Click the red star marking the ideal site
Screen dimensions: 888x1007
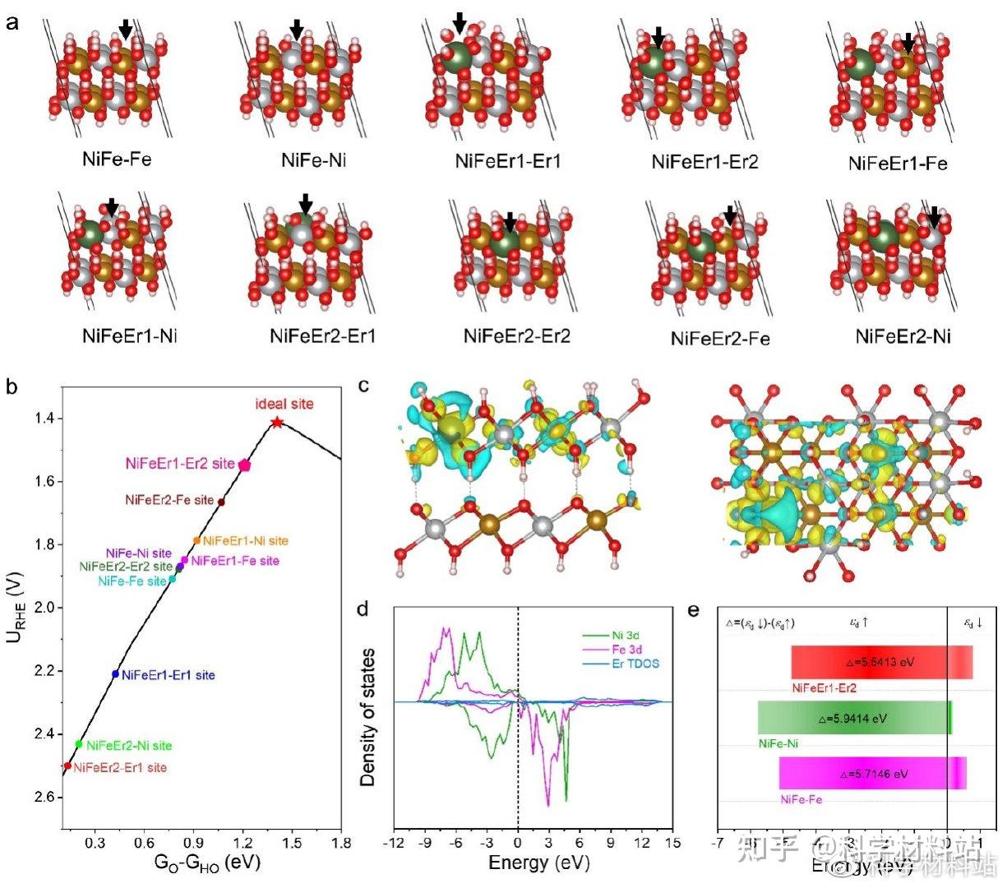pyautogui.click(x=277, y=422)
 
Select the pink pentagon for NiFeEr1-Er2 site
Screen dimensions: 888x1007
pyautogui.click(x=244, y=465)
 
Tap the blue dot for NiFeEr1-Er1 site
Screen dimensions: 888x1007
pyautogui.click(x=116, y=674)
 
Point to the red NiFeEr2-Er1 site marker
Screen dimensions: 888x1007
pyautogui.click(x=67, y=765)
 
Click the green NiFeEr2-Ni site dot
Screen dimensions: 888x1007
pyautogui.click(x=79, y=744)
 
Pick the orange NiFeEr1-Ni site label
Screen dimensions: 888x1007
pyautogui.click(x=245, y=541)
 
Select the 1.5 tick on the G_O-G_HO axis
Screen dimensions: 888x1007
pyautogui.click(x=292, y=843)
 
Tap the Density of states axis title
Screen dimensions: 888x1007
pyautogui.click(x=368, y=716)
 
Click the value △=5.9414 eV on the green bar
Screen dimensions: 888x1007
pyautogui.click(x=852, y=718)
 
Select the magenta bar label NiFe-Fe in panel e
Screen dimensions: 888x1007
pyautogui.click(x=801, y=799)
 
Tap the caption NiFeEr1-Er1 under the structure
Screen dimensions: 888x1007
pyautogui.click(x=507, y=161)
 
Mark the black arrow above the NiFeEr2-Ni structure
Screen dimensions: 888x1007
pyautogui.click(x=934, y=216)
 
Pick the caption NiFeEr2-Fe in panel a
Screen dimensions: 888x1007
pyautogui.click(x=720, y=339)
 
